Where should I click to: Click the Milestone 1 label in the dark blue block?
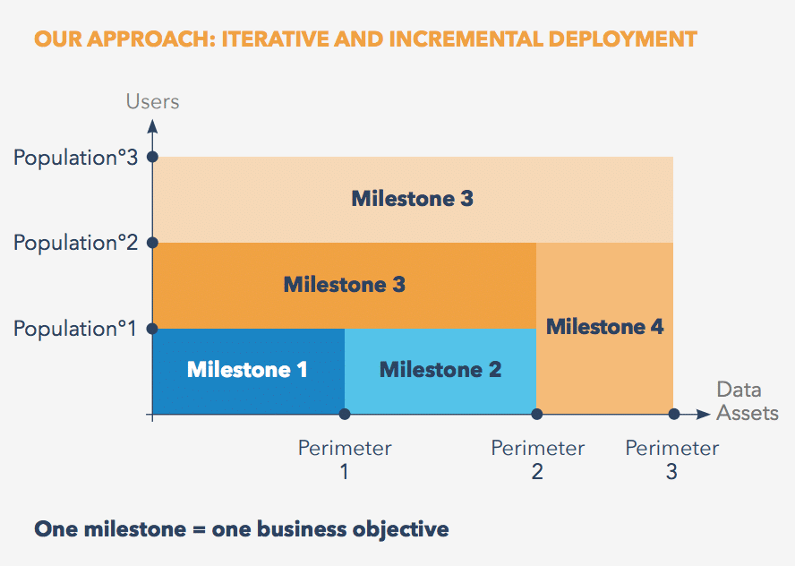point(247,369)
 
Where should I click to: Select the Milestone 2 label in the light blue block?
point(440,369)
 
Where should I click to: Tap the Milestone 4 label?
point(604,327)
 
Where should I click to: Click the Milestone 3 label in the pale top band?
point(412,198)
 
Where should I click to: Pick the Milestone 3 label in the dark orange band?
point(345,285)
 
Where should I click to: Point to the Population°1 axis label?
point(75,329)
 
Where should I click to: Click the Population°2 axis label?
point(75,243)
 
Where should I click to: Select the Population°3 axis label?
point(75,158)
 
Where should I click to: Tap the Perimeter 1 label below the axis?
point(345,459)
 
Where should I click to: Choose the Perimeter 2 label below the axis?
point(537,459)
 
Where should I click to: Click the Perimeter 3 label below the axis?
point(671,459)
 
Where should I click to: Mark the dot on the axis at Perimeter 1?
point(345,415)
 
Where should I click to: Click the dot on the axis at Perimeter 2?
point(537,415)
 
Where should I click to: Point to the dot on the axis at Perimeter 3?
point(674,415)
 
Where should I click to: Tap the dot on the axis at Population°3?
point(152,158)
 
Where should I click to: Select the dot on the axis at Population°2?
point(152,243)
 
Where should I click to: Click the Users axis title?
point(152,101)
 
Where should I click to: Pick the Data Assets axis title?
point(748,401)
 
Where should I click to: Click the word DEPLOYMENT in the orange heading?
point(622,39)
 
